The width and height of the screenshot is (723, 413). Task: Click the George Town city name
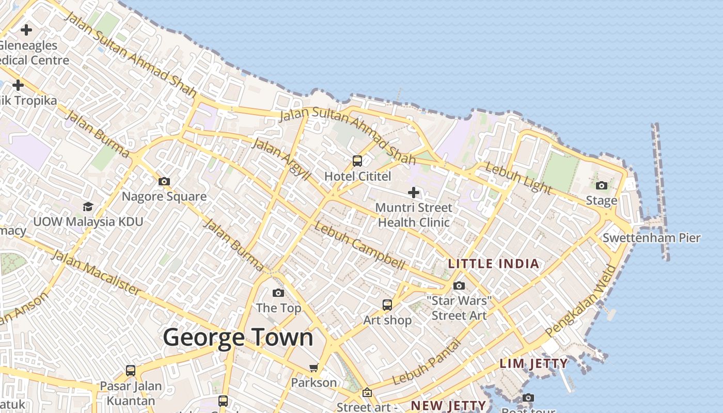coord(238,338)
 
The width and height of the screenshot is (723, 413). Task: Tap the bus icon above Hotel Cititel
coord(357,161)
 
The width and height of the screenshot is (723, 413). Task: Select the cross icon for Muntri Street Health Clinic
coord(413,193)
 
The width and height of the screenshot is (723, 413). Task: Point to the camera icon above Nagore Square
coord(164,181)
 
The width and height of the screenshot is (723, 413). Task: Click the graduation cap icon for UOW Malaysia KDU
coord(88,206)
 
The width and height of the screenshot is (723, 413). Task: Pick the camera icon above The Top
coord(278,293)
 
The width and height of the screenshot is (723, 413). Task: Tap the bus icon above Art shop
coord(387,305)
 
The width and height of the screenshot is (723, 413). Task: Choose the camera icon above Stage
coord(601,185)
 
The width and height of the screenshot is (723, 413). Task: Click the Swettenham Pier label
coord(651,238)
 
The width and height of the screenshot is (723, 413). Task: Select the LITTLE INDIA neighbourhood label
coord(493,264)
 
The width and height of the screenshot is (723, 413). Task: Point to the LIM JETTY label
coord(534,363)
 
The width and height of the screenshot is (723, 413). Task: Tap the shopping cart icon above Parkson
coord(313,368)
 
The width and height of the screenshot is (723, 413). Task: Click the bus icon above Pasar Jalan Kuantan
coord(131,371)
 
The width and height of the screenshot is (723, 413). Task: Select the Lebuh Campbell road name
coord(359,246)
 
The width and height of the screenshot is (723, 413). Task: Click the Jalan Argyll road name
coord(281,158)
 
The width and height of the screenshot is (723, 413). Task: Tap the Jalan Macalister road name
coord(96,274)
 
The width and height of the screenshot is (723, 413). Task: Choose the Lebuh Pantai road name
coord(426,362)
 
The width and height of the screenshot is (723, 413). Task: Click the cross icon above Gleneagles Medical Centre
coord(26,30)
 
